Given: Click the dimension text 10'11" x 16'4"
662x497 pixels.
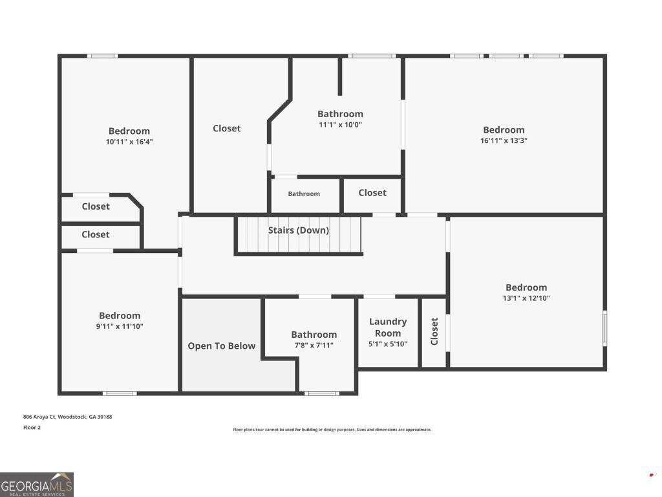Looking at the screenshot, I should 129,142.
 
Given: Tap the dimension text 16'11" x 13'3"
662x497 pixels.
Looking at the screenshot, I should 504,140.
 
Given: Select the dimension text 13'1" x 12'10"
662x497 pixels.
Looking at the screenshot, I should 526,298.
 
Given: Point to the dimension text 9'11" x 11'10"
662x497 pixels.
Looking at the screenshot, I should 120,327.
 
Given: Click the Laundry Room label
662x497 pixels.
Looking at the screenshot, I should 388,327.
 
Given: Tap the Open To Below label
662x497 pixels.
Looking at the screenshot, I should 222,346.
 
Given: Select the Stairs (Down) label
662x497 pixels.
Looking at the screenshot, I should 298,230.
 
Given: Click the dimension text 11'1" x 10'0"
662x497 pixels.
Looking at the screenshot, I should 340,125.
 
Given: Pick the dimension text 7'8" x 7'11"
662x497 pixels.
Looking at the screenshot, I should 314,346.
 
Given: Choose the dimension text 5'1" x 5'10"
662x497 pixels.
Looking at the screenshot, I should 388,344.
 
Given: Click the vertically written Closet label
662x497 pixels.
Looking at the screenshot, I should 434,331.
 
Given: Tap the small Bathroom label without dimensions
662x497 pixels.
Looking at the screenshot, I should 304,194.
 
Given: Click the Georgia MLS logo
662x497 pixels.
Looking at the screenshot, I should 37,485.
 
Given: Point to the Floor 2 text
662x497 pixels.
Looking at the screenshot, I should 32,428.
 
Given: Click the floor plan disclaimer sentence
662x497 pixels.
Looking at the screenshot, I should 332,430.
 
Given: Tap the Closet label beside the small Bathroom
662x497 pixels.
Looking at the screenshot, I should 372,193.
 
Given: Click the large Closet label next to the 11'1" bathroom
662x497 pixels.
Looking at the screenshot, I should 227,129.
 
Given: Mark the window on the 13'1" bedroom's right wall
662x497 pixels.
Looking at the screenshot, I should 605,328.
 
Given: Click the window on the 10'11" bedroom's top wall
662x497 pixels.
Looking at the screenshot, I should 103,56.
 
